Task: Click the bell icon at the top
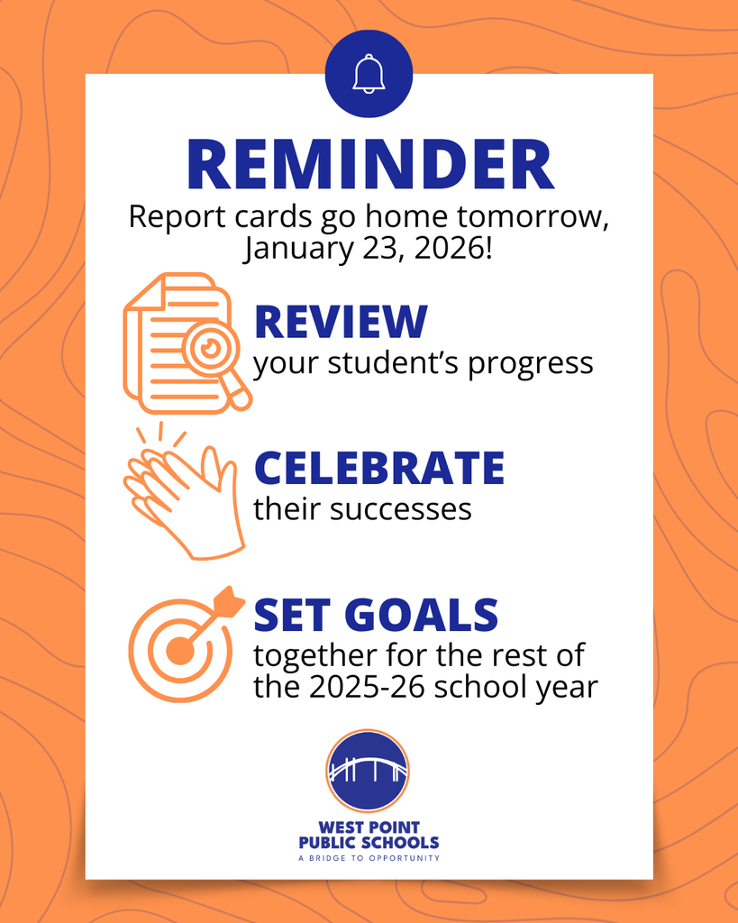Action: [369, 74]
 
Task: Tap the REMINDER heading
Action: [369, 166]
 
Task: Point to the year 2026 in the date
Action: [448, 247]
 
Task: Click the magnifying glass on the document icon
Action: [213, 349]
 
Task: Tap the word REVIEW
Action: [341, 323]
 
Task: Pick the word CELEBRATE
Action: [378, 468]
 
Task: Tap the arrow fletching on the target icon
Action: [230, 600]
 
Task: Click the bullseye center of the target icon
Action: [179, 651]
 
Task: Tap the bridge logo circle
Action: [368, 771]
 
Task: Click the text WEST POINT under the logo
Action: [369, 827]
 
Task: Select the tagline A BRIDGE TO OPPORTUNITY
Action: [369, 858]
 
